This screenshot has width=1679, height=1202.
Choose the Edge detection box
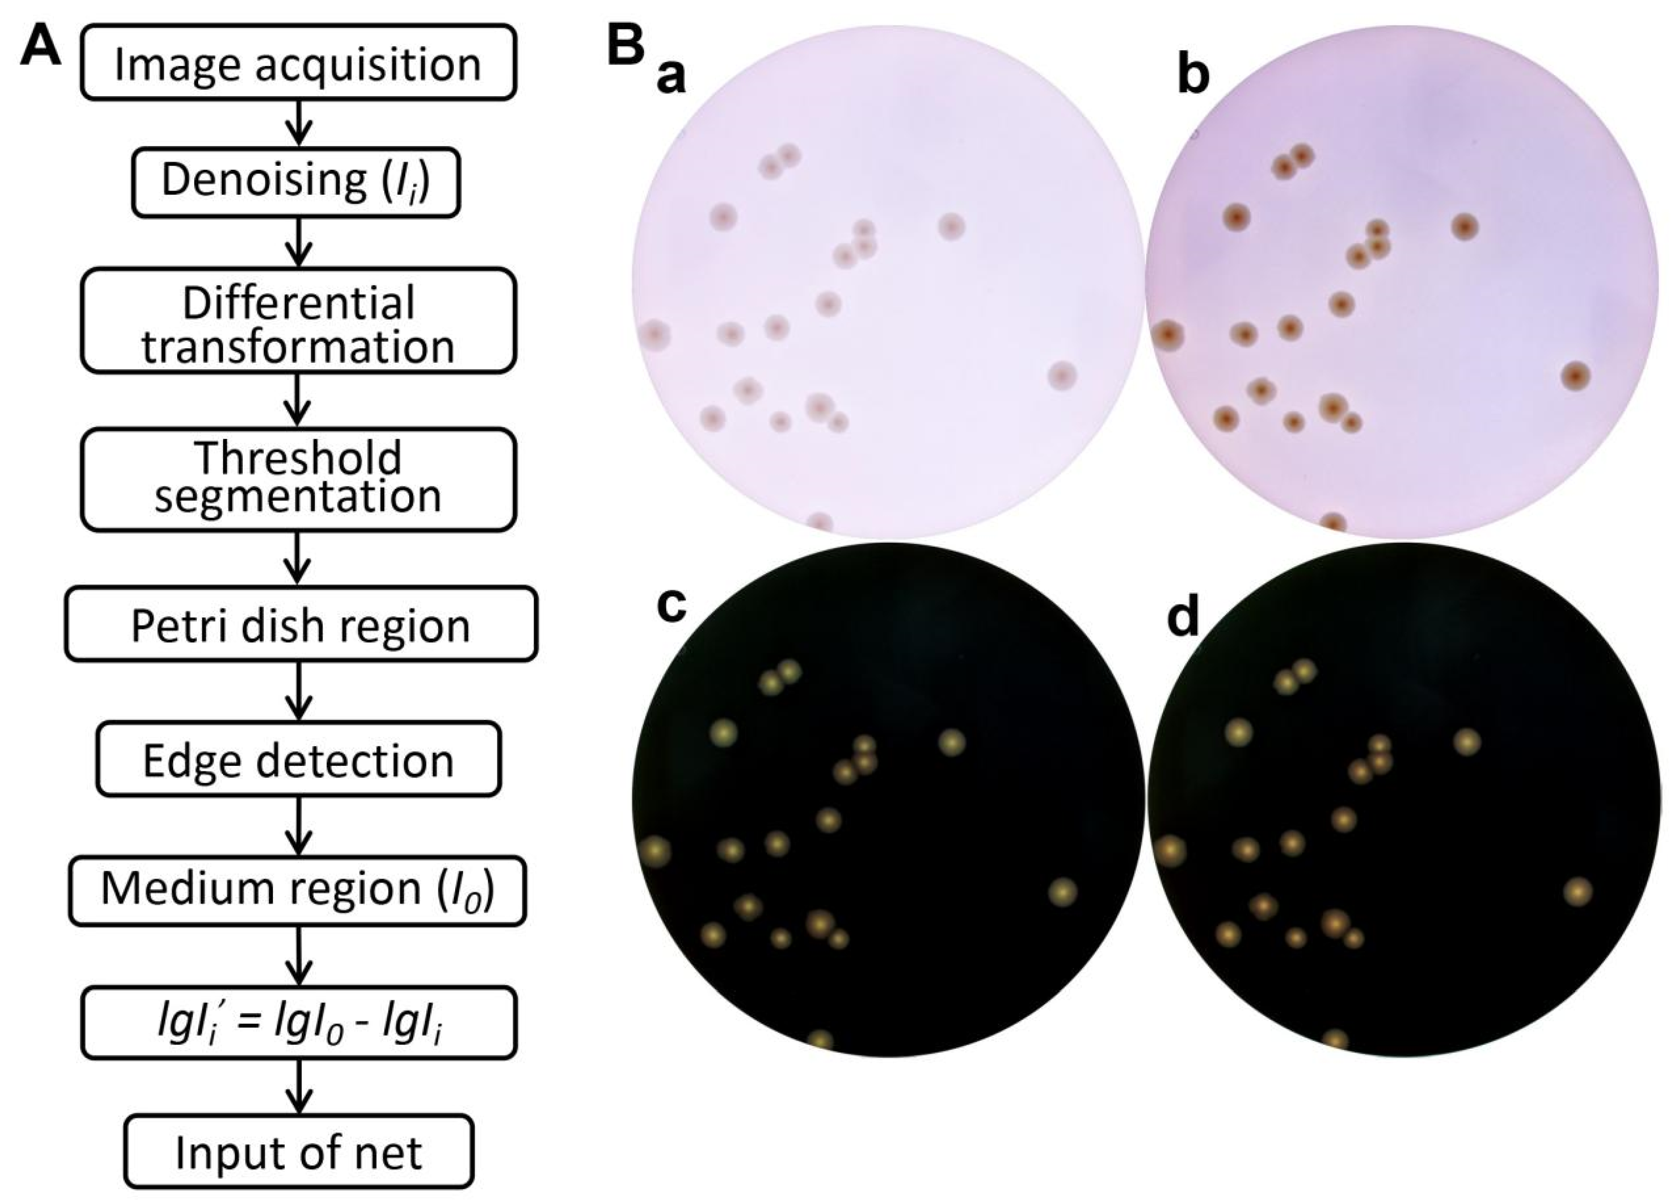(x=298, y=760)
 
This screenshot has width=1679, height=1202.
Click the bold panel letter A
(x=41, y=50)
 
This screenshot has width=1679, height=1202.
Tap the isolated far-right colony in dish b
(x=1575, y=376)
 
